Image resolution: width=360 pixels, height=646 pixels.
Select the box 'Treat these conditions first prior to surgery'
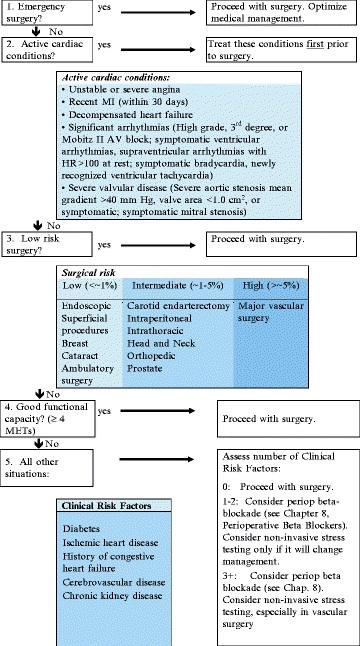point(281,53)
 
